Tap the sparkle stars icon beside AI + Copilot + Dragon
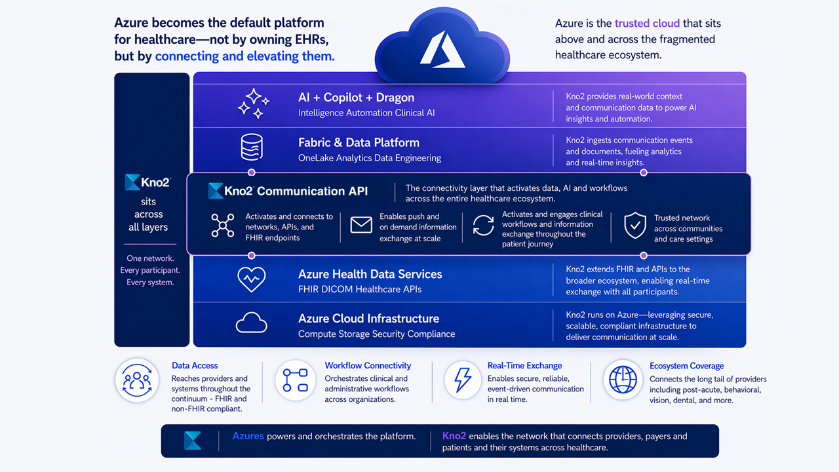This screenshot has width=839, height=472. coord(254,104)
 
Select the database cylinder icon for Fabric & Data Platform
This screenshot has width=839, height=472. coord(252,147)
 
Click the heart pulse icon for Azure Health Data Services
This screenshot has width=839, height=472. coord(251,279)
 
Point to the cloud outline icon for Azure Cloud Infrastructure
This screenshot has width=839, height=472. coord(251,323)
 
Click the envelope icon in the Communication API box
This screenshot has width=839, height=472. coord(361,225)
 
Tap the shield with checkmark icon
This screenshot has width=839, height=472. coord(635,225)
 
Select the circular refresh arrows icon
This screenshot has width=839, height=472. coord(483,225)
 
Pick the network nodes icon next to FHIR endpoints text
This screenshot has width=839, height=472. coord(223,225)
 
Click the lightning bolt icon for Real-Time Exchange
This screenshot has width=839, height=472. coord(463,380)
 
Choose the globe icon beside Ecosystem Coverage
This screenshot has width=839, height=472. coord(623,380)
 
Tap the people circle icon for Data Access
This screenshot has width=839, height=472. coord(137,380)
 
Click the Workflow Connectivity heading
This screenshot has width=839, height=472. coord(368,365)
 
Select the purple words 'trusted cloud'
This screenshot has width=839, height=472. coord(647,23)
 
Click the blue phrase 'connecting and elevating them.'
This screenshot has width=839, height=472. coord(245,56)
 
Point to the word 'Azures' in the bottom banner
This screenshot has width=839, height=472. coord(248,436)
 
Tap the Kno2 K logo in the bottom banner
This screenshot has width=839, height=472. coord(193,440)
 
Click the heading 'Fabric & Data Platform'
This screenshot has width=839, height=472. coord(359,142)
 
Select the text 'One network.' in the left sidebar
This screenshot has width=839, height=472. coord(150,258)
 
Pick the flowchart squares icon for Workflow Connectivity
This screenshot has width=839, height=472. coord(295,380)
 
